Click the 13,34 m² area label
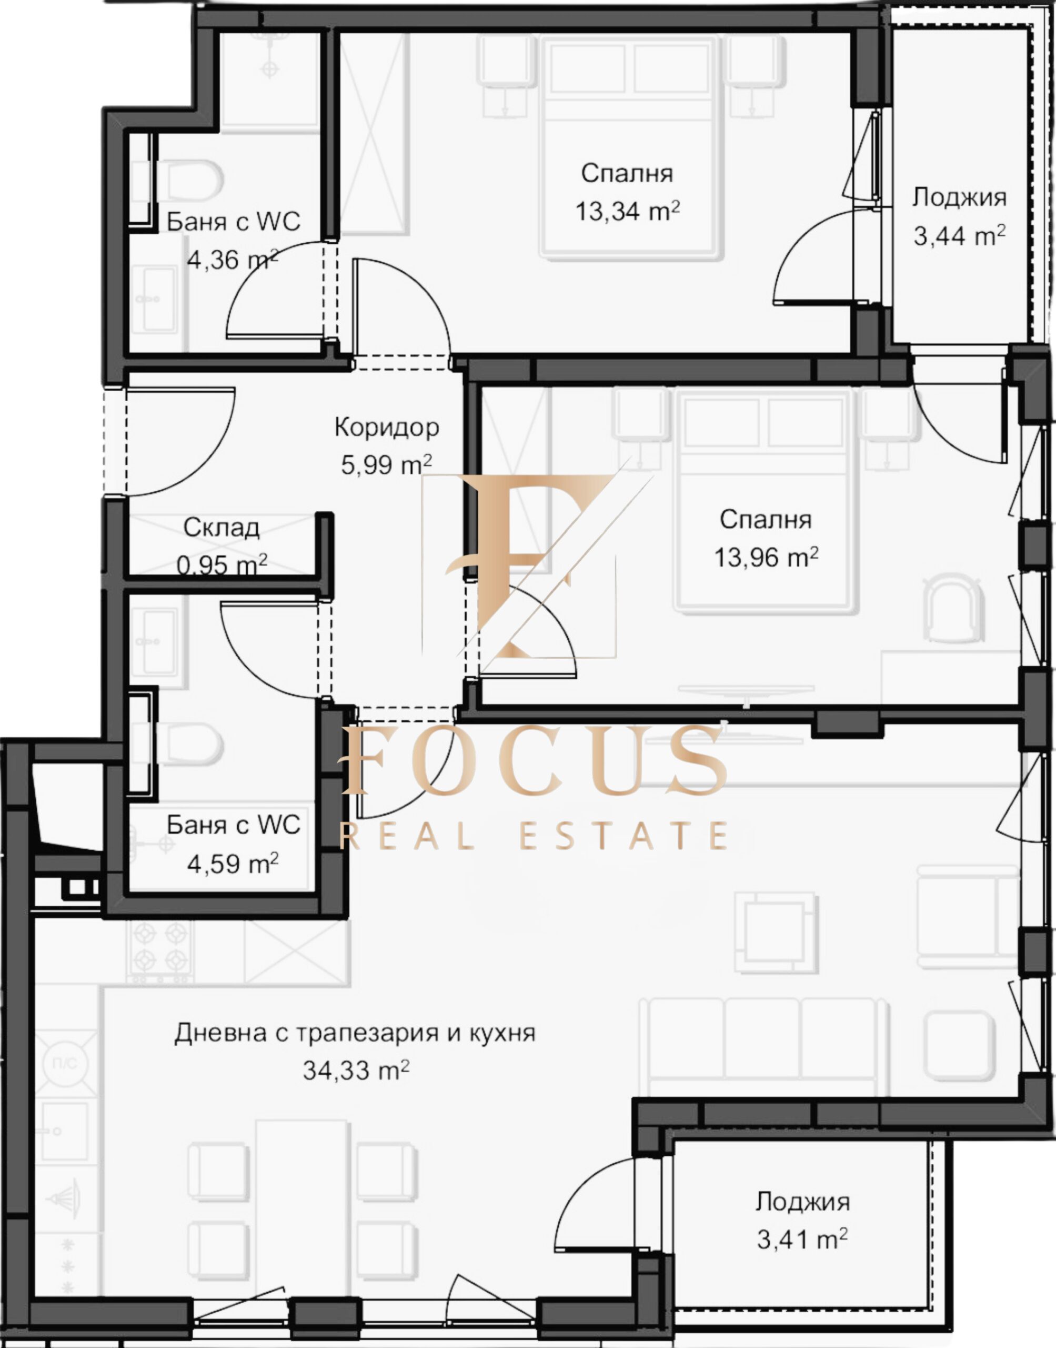point(628,211)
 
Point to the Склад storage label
point(222,527)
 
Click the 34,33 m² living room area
point(356,1069)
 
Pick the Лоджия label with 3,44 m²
point(960,197)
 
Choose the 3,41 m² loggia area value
point(802,1239)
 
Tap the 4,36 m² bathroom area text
point(233,260)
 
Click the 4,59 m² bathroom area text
point(233,864)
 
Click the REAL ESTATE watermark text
point(534,835)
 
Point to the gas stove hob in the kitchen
point(160,951)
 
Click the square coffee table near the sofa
point(776,933)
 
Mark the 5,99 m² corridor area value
point(386,464)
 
